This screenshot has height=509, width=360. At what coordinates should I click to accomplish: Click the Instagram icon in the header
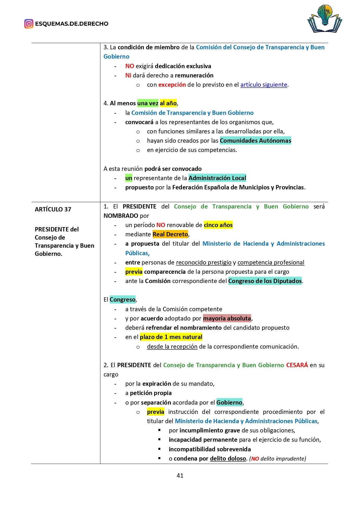[x=29, y=24]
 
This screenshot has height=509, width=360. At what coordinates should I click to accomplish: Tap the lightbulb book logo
[x=325, y=19]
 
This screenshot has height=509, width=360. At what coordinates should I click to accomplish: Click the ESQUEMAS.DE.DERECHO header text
[x=72, y=24]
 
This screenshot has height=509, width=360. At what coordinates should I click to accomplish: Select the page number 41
[x=180, y=475]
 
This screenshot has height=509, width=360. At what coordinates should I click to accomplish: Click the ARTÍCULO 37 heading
[x=53, y=209]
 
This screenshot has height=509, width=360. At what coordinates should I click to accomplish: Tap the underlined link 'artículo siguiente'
[x=264, y=85]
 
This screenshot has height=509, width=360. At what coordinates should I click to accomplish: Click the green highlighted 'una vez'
[x=148, y=103]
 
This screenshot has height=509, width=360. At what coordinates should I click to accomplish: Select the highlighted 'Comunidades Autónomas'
[x=255, y=141]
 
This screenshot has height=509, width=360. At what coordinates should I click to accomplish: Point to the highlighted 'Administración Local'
[x=217, y=178]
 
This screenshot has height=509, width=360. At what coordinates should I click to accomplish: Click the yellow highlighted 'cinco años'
[x=218, y=225]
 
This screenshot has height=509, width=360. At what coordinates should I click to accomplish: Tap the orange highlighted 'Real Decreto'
[x=170, y=234]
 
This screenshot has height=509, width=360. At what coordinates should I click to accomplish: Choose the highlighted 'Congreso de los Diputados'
[x=265, y=281]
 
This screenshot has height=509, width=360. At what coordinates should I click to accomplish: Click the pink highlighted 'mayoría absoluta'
[x=227, y=318]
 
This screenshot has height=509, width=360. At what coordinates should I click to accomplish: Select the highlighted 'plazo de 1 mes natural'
[x=171, y=337]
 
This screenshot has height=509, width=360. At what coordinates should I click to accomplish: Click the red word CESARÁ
[x=297, y=365]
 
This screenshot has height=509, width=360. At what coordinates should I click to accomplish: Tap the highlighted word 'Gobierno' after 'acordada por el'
[x=229, y=403]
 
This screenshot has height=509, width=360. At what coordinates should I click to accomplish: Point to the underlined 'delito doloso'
[x=228, y=459]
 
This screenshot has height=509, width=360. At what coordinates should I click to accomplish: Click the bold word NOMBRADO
[x=121, y=216]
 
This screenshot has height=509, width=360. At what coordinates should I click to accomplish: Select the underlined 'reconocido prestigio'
[x=204, y=262]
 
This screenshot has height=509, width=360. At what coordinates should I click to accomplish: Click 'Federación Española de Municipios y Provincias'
[x=238, y=187]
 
